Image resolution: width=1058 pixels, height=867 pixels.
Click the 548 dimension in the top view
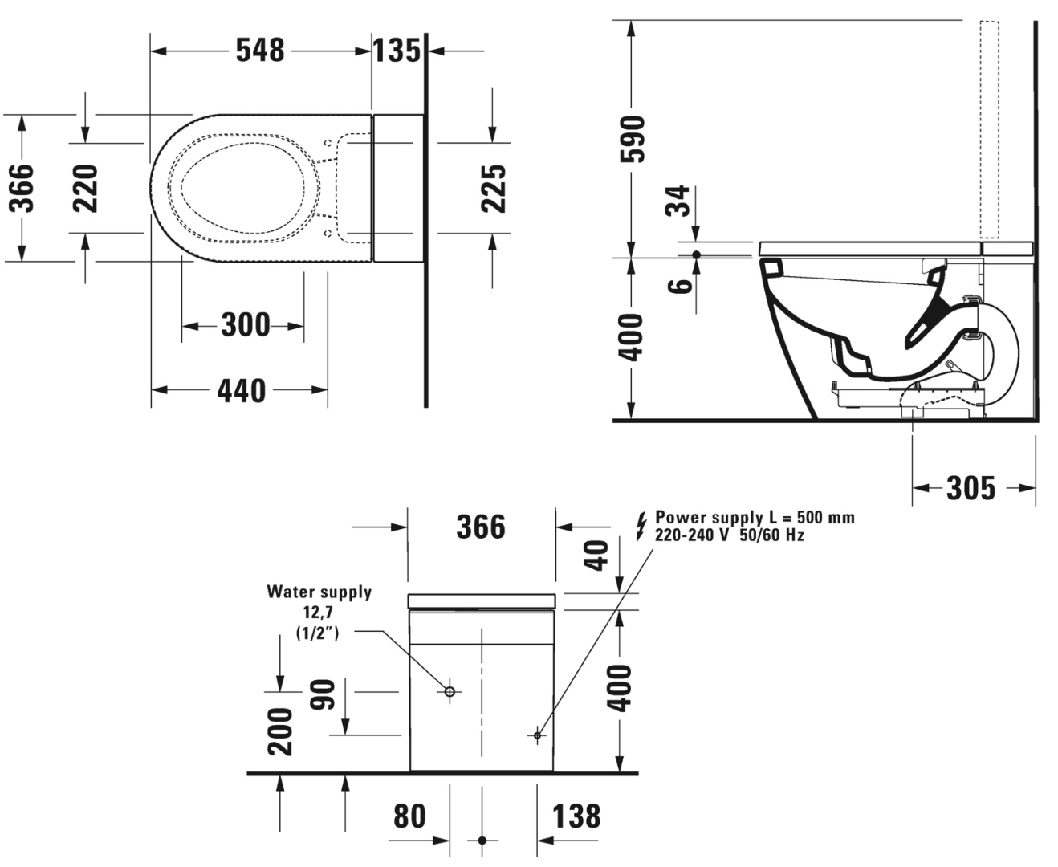coord(260,50)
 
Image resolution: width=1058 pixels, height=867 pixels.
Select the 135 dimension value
coord(397,50)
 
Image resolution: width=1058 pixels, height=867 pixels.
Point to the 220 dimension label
coord(86,188)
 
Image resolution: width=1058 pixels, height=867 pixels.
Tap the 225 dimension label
coord(494,188)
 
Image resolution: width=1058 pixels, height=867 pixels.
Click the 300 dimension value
coord(245,325)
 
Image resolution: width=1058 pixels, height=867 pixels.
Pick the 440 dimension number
coord(241,391)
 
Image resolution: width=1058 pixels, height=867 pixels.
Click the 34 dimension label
coord(678,201)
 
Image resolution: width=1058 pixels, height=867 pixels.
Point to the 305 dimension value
coord(971,487)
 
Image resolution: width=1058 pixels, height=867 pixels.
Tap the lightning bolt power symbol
coord(641,526)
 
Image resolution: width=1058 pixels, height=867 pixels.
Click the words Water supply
coord(319,592)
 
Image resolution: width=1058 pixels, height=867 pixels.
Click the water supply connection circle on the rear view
coord(450,691)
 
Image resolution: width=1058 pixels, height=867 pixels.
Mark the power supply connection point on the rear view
coord(537,735)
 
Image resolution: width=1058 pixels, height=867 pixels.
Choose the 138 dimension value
coord(576,816)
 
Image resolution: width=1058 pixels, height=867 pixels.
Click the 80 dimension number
coord(409,816)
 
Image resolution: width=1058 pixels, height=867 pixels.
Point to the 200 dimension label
coord(280,731)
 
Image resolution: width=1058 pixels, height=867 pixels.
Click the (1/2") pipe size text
coord(318,633)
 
